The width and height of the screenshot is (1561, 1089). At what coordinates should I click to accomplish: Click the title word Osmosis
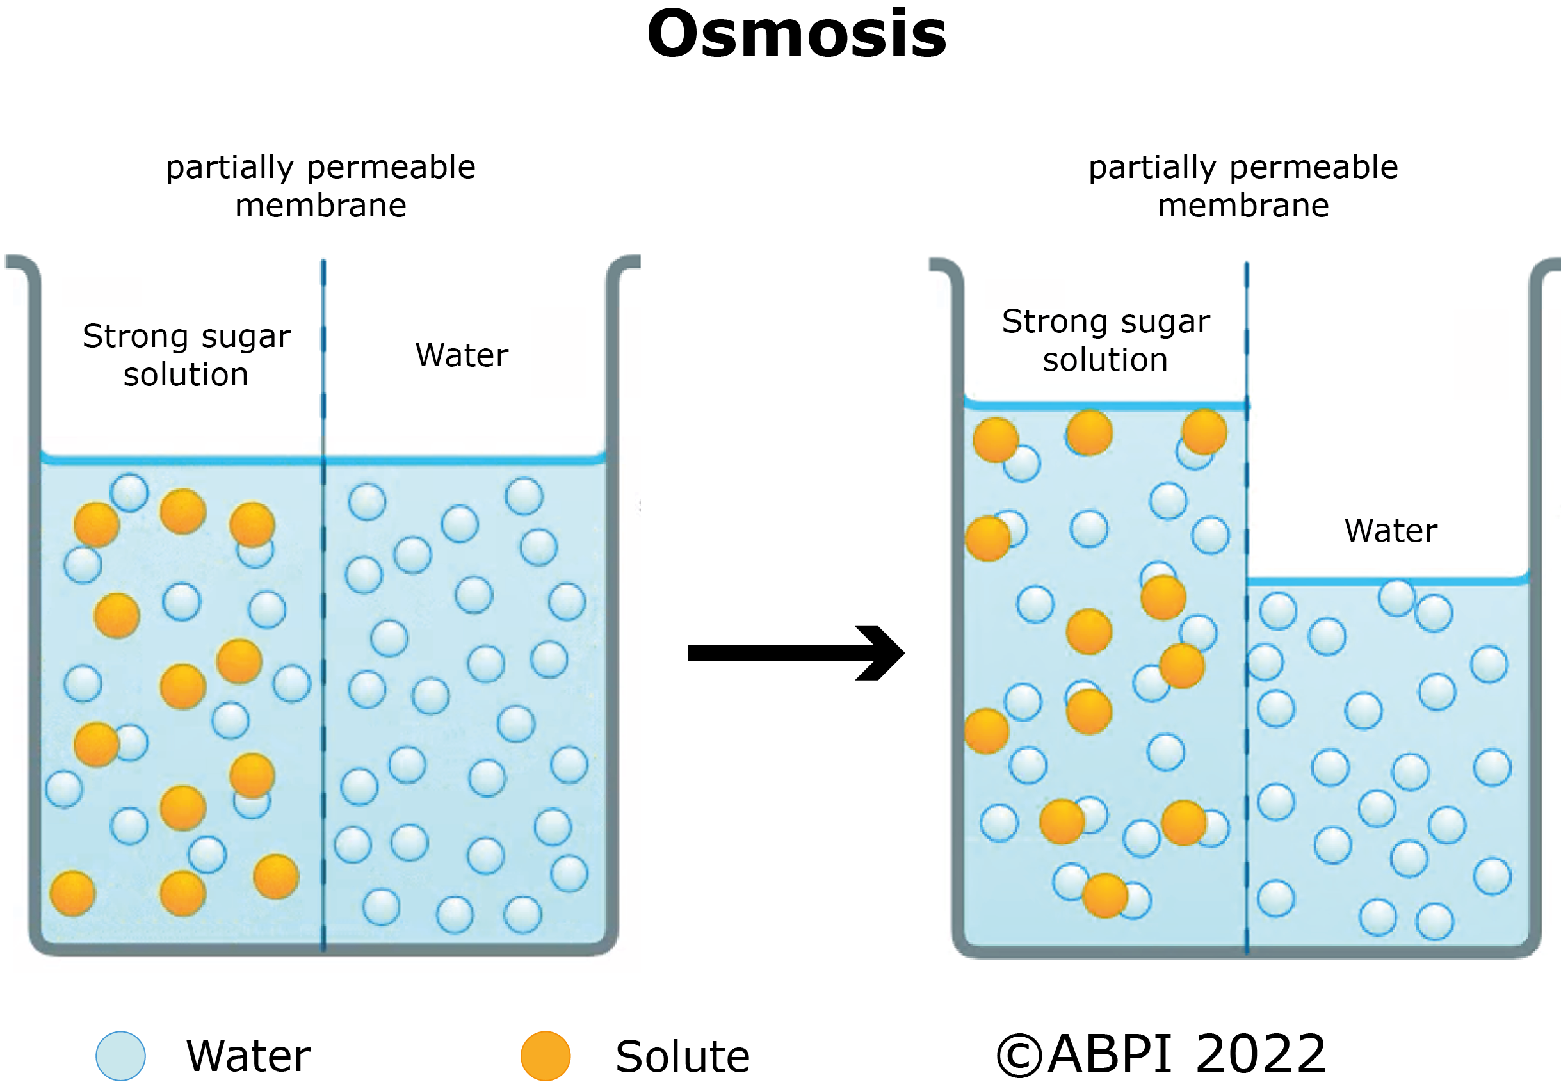(796, 34)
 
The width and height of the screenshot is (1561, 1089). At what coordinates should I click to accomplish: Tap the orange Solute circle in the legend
(545, 1056)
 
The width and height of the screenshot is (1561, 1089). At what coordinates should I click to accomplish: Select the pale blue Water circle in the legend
(120, 1056)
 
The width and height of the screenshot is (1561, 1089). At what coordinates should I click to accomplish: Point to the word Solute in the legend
(682, 1056)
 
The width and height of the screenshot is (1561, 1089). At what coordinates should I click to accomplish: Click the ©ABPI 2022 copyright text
(1161, 1054)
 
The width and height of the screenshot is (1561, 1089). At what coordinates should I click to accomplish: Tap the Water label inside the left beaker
(462, 355)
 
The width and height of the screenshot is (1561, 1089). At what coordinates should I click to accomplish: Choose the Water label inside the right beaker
(1390, 530)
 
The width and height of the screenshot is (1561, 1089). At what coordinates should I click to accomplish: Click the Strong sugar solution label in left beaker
(186, 355)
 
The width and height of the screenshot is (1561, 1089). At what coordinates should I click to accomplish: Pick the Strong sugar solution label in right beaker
(1106, 340)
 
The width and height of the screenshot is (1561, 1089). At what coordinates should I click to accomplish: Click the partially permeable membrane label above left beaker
(321, 186)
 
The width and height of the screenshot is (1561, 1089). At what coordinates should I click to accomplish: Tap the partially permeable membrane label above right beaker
(1243, 186)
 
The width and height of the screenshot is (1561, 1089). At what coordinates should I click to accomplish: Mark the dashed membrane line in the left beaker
(323, 612)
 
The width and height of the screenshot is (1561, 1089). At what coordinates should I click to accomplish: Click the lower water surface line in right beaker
(1387, 581)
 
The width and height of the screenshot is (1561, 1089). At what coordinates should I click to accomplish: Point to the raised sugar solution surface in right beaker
(1105, 406)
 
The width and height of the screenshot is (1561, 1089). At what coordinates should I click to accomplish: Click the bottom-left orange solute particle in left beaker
(72, 892)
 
